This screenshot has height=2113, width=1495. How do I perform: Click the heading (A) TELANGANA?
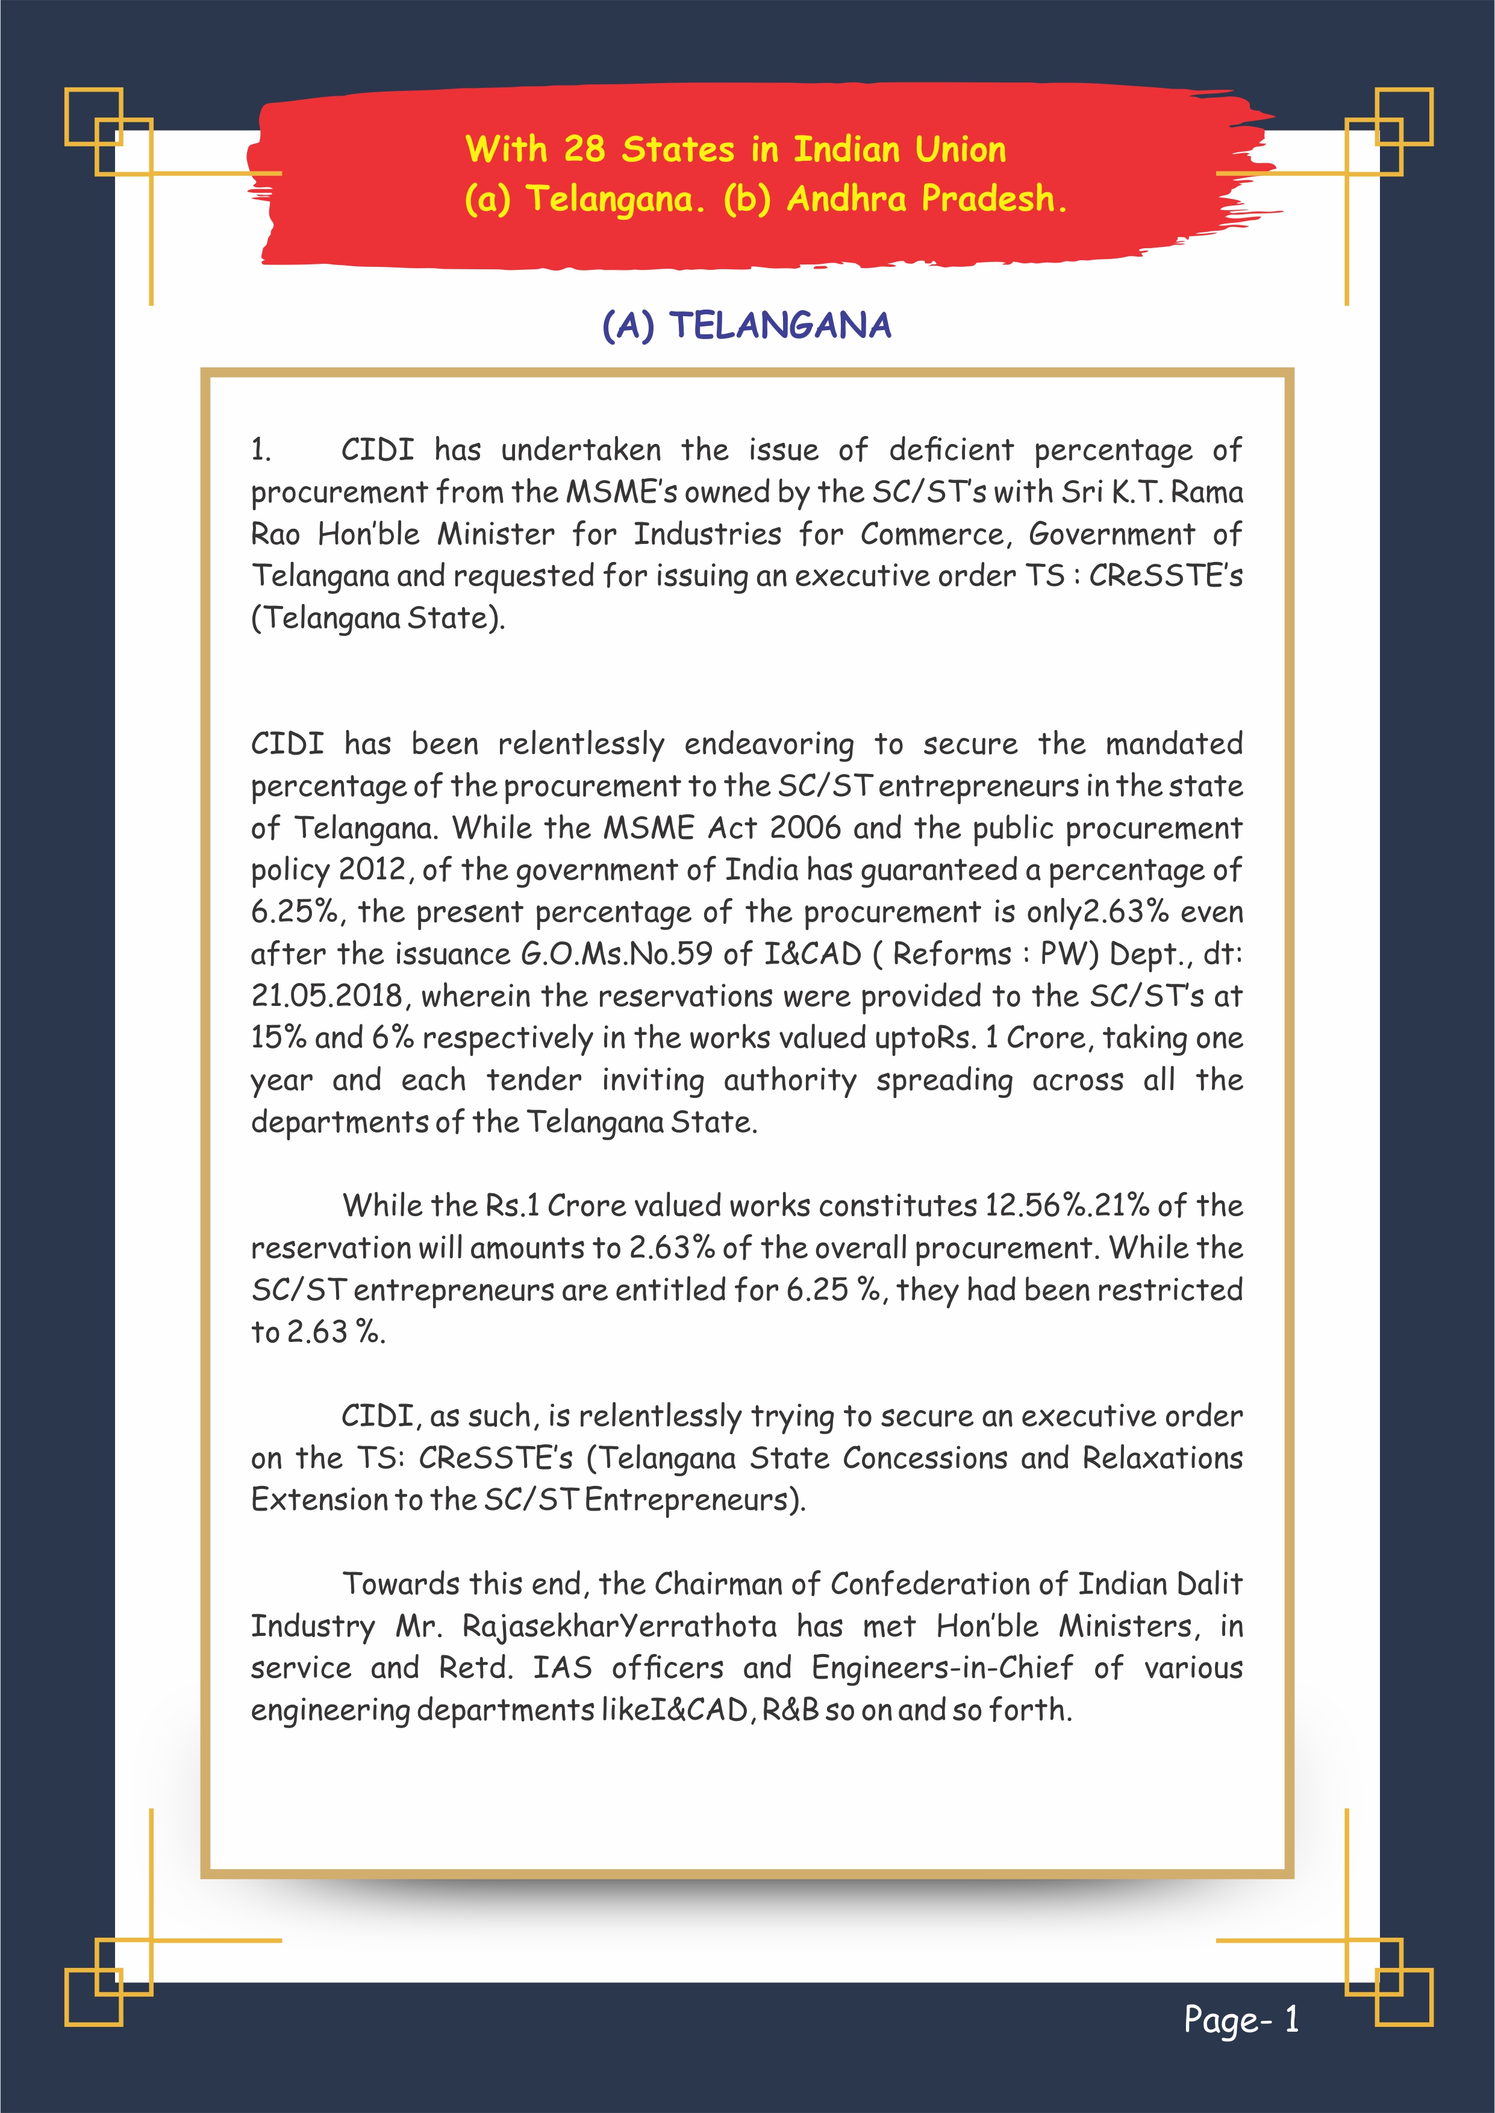(x=746, y=325)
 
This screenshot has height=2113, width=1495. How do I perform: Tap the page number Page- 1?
(x=1241, y=2019)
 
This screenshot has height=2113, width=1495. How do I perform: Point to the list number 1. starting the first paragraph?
(x=261, y=450)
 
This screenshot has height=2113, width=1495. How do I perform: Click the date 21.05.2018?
(x=327, y=996)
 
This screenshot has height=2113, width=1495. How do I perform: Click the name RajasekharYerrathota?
(x=620, y=1626)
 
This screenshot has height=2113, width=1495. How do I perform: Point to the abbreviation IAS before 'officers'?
(x=563, y=1668)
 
